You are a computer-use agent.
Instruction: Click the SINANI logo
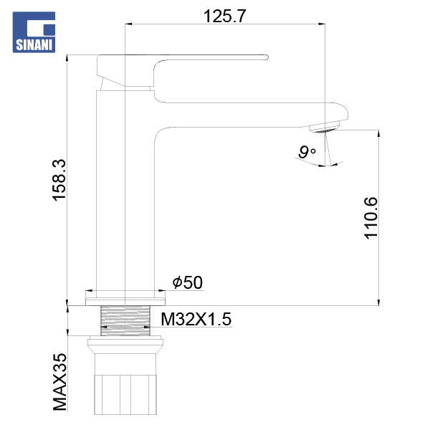34,32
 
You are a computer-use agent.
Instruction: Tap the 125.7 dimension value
224,16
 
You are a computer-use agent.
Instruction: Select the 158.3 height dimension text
59,180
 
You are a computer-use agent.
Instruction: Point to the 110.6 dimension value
371,218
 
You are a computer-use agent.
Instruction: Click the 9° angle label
307,152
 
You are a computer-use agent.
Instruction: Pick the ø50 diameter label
188,282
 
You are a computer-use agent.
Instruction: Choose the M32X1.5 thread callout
196,319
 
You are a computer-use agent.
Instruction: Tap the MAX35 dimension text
59,382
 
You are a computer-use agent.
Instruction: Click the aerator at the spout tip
324,127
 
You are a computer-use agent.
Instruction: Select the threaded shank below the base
125,320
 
